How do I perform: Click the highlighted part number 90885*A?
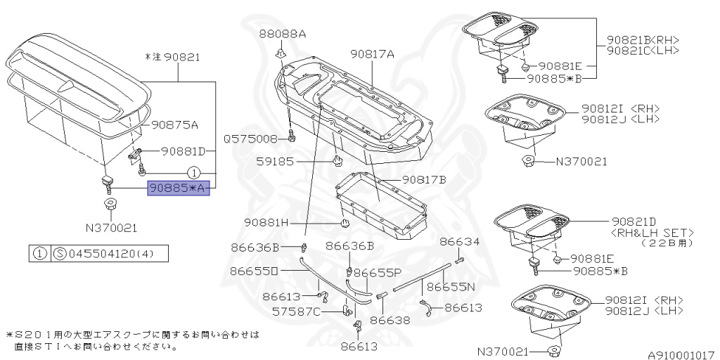178,188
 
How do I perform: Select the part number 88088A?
282,34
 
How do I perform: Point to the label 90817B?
425,180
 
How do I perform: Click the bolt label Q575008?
251,139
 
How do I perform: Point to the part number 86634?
460,241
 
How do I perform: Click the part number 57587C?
316,311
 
